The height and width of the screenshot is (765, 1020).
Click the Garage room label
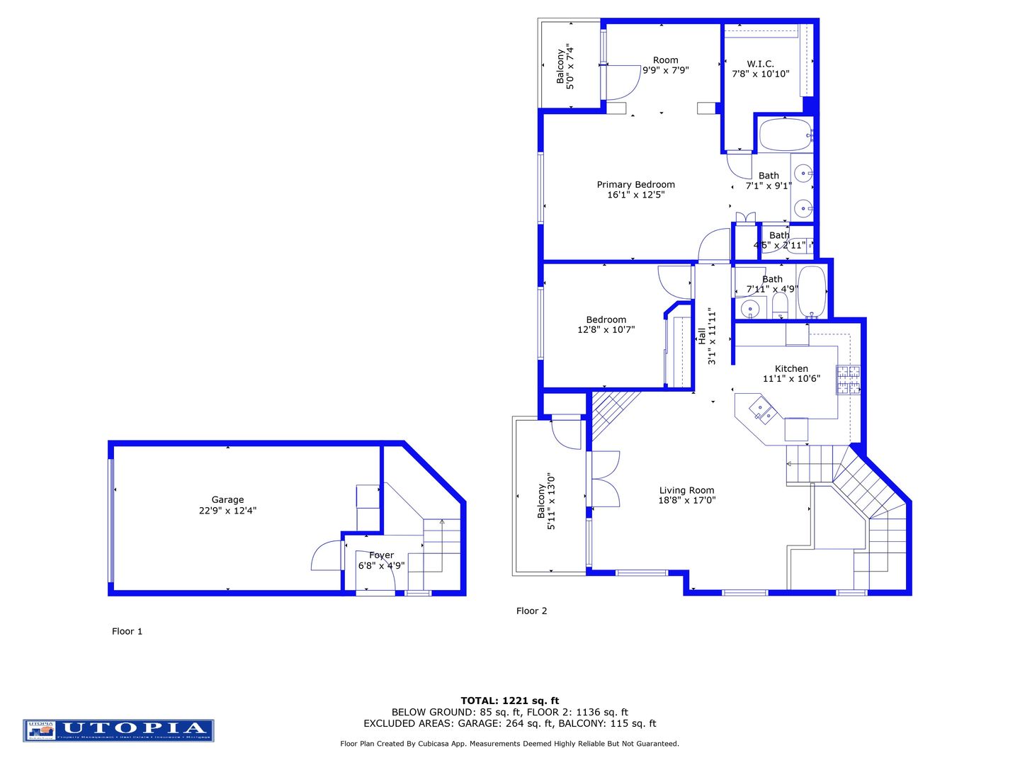click(x=227, y=499)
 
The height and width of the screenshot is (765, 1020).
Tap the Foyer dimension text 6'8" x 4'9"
click(x=381, y=566)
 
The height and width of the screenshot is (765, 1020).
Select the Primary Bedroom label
click(x=635, y=184)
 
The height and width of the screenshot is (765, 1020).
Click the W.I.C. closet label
click(x=760, y=64)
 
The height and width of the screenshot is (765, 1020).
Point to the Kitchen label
click(x=791, y=368)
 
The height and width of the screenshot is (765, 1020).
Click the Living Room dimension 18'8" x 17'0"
click(x=686, y=500)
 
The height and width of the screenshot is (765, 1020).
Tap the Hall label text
click(x=701, y=336)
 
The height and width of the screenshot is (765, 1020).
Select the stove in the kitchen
click(x=848, y=380)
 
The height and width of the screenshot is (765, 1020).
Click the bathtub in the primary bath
click(x=785, y=135)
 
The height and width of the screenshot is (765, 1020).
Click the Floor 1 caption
click(x=127, y=631)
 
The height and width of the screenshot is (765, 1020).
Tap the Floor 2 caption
click(x=531, y=611)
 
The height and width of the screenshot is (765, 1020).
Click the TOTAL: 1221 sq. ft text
click(x=509, y=701)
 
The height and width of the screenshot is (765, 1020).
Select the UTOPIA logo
click(x=118, y=730)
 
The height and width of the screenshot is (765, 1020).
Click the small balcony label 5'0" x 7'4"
click(x=565, y=67)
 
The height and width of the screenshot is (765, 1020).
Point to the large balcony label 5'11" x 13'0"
click(x=546, y=501)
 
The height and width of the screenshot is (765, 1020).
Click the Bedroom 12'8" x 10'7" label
click(x=606, y=324)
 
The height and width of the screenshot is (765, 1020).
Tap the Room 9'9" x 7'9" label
click(x=665, y=65)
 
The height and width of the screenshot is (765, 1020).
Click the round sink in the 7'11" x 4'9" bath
click(x=749, y=309)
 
